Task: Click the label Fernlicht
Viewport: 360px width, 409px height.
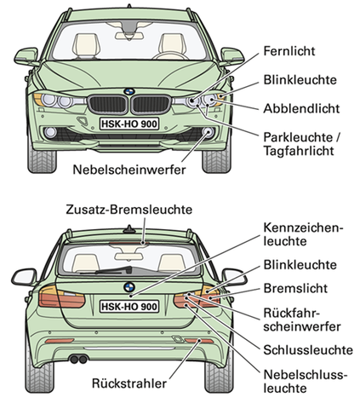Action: click(289, 51)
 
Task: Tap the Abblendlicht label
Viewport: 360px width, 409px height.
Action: click(301, 108)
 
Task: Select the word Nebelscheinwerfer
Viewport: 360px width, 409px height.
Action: click(129, 170)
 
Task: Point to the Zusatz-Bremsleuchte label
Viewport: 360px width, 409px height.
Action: click(129, 210)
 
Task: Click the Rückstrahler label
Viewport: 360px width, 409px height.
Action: click(129, 383)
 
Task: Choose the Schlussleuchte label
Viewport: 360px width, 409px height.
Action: click(308, 350)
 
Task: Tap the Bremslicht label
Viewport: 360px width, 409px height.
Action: click(295, 288)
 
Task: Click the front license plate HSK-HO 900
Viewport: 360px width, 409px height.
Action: click(129, 124)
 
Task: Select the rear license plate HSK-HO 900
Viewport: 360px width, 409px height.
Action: click(129, 307)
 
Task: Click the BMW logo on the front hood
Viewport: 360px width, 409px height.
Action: click(129, 91)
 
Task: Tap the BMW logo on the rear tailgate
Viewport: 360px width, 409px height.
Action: click(129, 287)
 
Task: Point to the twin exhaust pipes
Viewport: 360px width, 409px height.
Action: click(79, 360)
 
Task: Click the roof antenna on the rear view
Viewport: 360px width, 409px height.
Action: click(129, 229)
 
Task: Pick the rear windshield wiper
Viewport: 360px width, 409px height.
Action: click(113, 270)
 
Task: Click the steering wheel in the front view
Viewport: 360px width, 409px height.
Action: click(170, 55)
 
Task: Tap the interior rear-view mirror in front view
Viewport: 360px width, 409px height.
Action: click(129, 36)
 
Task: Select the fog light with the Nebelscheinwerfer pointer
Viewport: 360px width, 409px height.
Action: click(209, 133)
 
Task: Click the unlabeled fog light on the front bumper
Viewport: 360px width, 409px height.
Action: click(50, 133)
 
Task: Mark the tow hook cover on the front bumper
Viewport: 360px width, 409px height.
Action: click(83, 121)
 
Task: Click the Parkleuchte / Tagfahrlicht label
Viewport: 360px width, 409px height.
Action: click(301, 144)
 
